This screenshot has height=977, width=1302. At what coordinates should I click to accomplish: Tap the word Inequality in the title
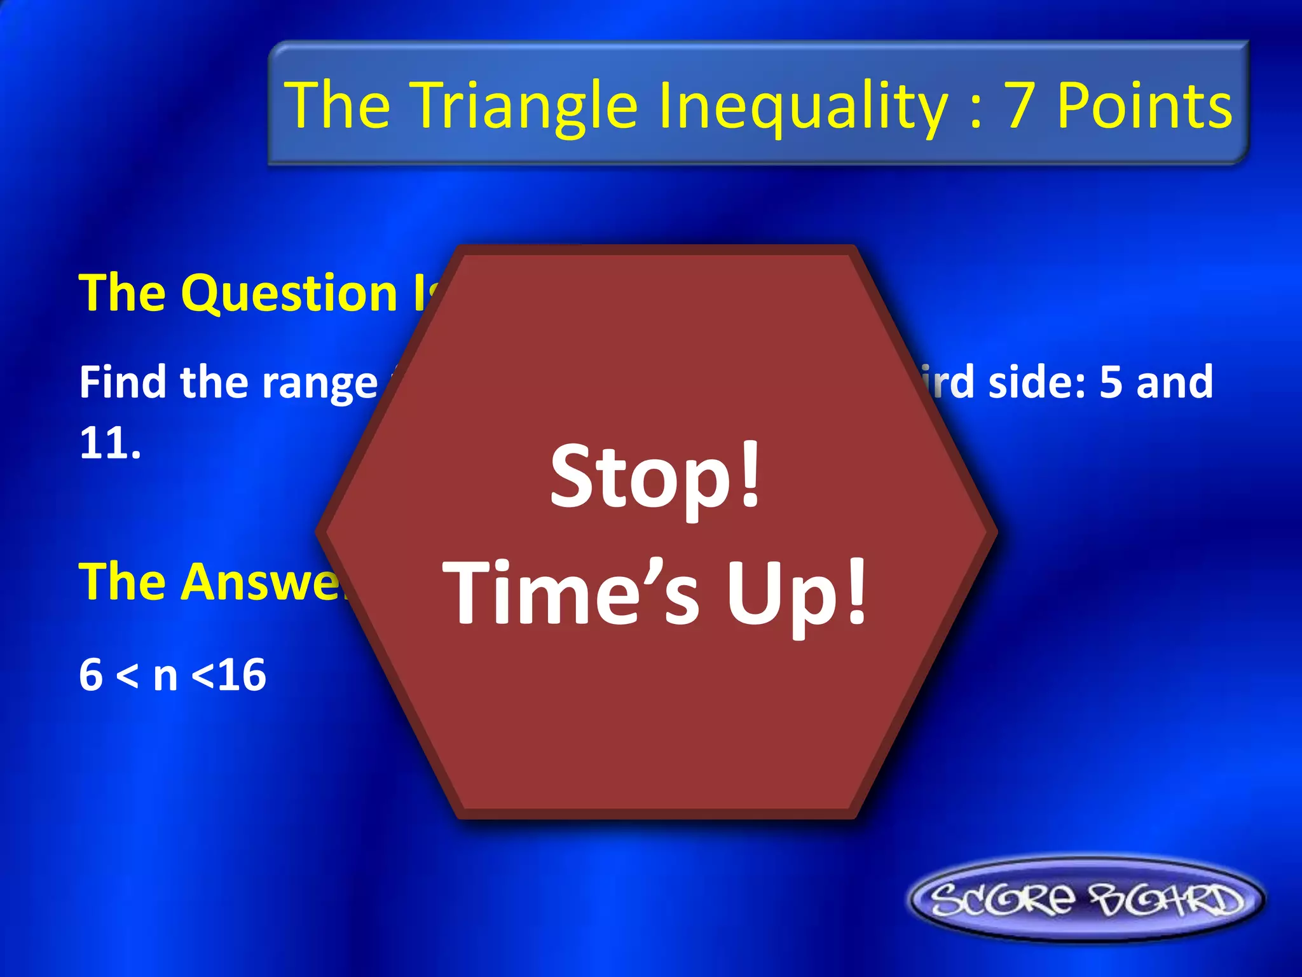[x=802, y=105]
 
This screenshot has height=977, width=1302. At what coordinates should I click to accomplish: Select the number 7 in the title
[x=1019, y=105]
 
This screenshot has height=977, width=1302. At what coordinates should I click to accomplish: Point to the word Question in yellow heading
[x=289, y=293]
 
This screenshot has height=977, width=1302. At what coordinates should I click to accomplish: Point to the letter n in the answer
[x=165, y=676]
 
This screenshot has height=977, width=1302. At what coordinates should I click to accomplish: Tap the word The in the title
[x=338, y=105]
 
